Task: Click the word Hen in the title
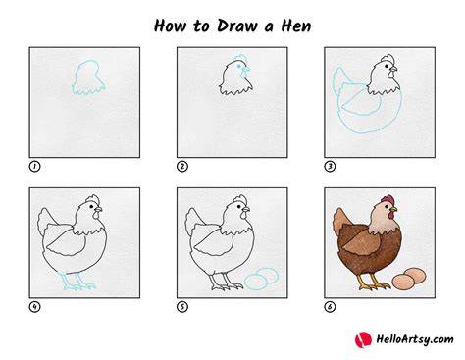296,26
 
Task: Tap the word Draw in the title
237,26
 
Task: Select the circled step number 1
34,167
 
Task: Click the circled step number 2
182,167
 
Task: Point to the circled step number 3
330,167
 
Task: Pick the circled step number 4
34,307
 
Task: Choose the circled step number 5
182,307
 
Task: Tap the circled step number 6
330,307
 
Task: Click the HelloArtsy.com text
415,339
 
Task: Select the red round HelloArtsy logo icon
363,339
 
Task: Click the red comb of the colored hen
387,199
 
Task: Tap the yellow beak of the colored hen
393,209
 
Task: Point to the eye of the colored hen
387,207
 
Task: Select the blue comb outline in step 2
241,57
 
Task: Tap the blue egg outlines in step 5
261,279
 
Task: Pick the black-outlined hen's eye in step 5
239,207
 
